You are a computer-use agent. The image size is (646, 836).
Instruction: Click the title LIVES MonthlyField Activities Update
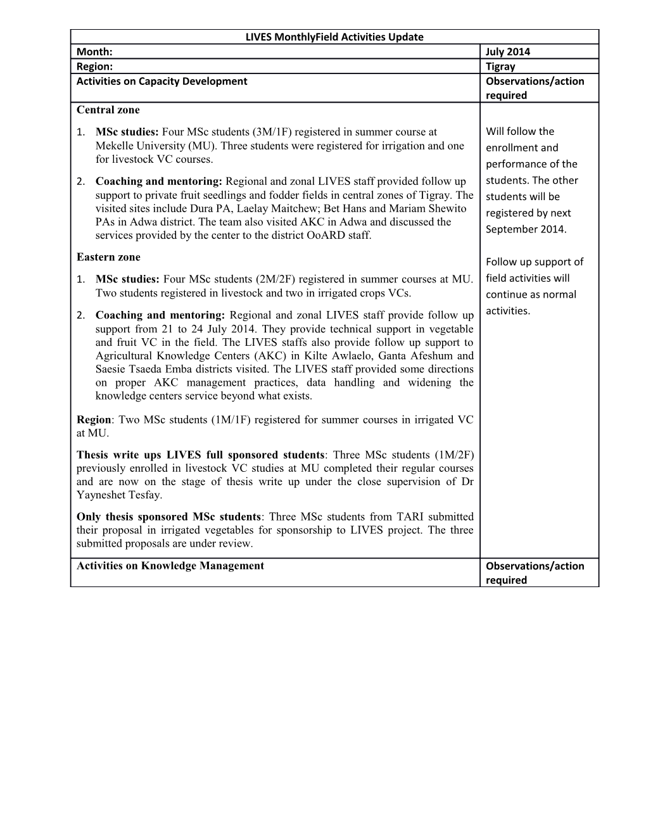tap(334, 37)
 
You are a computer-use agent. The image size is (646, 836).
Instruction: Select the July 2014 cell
tap(508, 51)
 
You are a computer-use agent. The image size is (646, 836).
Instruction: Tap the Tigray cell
tap(500, 66)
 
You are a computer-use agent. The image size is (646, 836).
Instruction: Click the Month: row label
tap(94, 51)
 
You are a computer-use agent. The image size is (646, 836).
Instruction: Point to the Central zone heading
tap(108, 110)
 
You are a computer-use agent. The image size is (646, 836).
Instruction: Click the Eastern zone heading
tap(108, 256)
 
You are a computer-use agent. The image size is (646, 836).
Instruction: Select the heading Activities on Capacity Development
tap(161, 81)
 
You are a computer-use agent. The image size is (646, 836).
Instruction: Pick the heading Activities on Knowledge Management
tap(170, 566)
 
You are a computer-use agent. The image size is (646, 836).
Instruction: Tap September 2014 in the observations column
tap(526, 229)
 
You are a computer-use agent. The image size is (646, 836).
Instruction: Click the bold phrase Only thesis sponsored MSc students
tap(168, 516)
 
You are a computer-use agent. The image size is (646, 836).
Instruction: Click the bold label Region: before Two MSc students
tap(94, 419)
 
